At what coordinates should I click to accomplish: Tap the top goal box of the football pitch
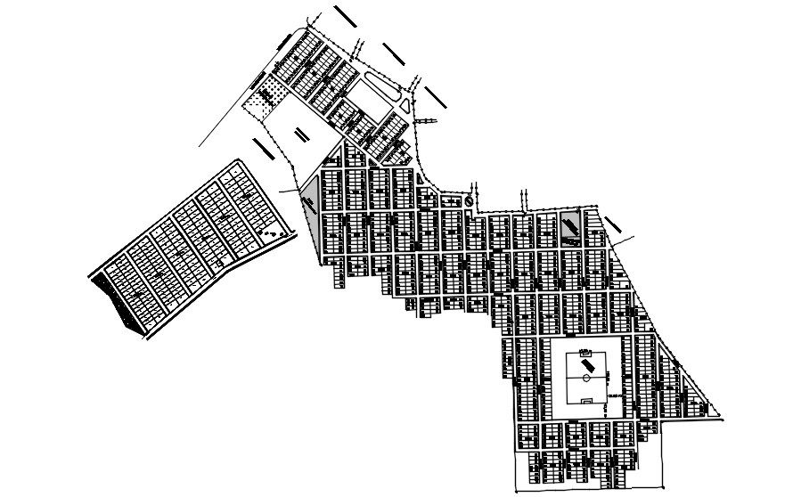(x=586, y=354)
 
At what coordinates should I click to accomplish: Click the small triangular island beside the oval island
(x=405, y=106)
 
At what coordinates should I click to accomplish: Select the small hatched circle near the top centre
(x=469, y=201)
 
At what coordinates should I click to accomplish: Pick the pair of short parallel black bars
(x=299, y=135)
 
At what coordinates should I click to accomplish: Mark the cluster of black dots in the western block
(x=274, y=233)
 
